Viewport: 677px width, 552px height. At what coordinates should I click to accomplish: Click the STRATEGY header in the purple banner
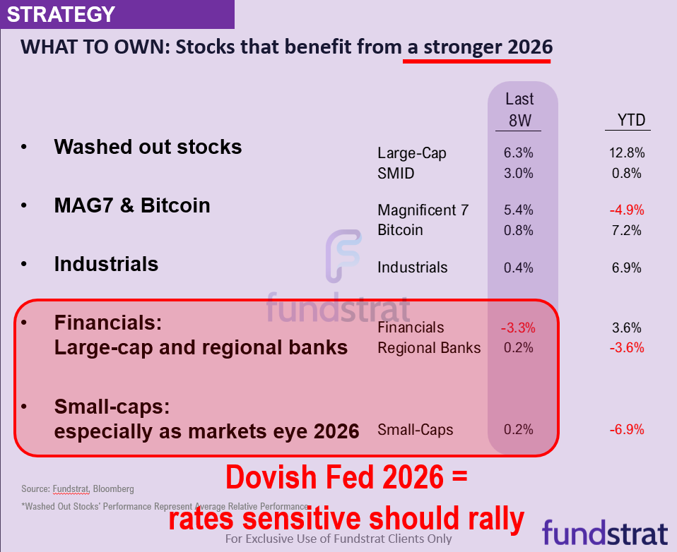pyautogui.click(x=61, y=14)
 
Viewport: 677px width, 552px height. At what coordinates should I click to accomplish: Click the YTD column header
pyautogui.click(x=631, y=121)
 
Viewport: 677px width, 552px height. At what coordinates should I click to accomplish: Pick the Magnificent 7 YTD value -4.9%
pyautogui.click(x=626, y=210)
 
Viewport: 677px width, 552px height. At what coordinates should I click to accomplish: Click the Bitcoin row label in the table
pyautogui.click(x=400, y=230)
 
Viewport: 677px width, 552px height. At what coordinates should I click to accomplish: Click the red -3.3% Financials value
pyautogui.click(x=518, y=328)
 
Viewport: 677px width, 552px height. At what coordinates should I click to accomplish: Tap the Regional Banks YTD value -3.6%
pyautogui.click(x=626, y=347)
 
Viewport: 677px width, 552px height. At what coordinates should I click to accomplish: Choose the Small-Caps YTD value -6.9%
pyautogui.click(x=626, y=430)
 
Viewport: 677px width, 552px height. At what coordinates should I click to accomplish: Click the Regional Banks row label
pyautogui.click(x=429, y=348)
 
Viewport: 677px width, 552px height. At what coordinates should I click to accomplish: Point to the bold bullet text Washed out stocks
pyautogui.click(x=148, y=147)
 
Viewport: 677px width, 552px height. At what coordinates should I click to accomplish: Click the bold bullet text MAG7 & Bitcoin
pyautogui.click(x=132, y=205)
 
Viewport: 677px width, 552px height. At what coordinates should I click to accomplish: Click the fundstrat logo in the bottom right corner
pyautogui.click(x=605, y=533)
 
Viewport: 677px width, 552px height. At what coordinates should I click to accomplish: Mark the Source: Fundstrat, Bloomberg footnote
pyautogui.click(x=78, y=488)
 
